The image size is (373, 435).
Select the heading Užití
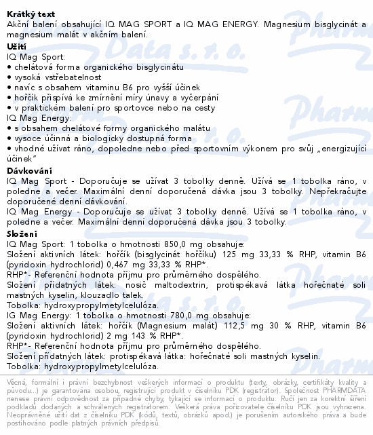click(x=17, y=45)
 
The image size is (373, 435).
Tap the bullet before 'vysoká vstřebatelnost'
click(x=8, y=78)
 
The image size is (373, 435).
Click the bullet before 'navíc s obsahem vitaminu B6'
click(x=8, y=88)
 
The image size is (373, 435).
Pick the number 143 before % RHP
click(x=127, y=336)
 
